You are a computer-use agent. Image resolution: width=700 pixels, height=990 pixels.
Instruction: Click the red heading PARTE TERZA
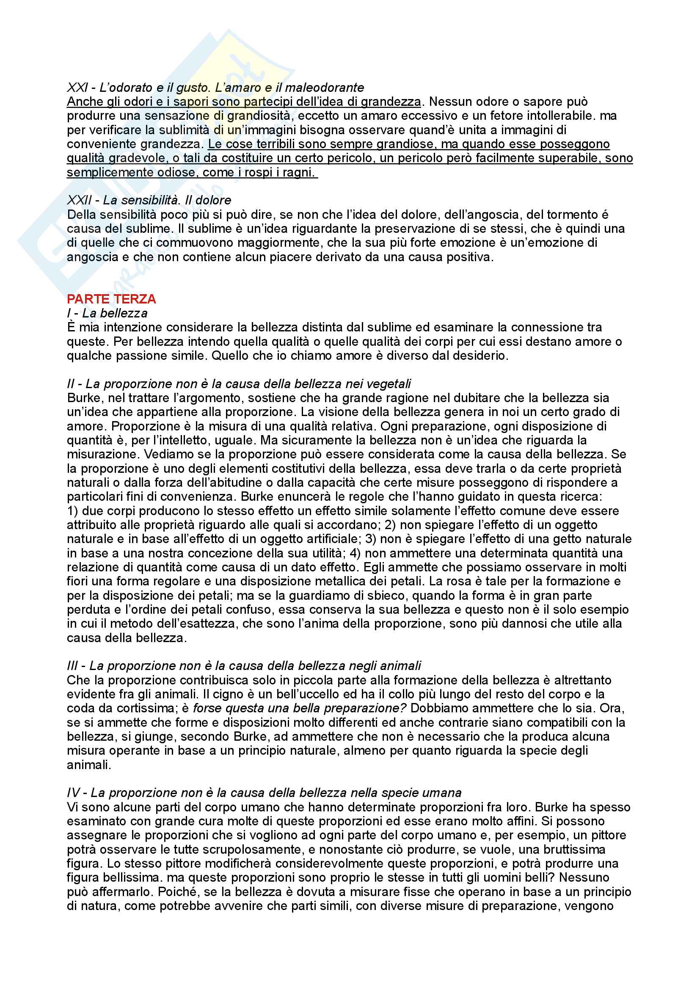pos(111,299)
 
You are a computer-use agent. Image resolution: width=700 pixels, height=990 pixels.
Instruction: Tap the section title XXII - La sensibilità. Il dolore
pos(149,200)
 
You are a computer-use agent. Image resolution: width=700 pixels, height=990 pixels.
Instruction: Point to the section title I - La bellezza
pos(107,313)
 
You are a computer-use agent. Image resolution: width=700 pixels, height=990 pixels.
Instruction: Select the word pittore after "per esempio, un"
pos(608,835)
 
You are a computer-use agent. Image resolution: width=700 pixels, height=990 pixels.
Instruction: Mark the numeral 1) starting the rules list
pos(72,511)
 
